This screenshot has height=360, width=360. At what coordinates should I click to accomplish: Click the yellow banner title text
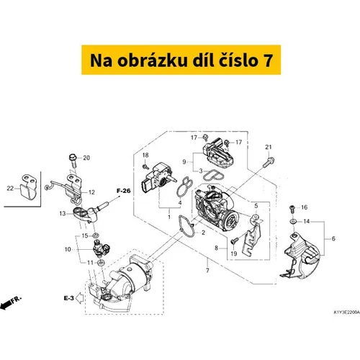[x=181, y=60]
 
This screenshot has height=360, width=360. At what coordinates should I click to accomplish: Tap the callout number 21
[x=269, y=147]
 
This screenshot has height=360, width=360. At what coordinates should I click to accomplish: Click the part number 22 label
[x=10, y=188]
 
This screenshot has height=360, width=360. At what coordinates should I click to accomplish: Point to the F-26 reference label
[x=124, y=191]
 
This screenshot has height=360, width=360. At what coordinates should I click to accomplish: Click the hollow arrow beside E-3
[x=80, y=298]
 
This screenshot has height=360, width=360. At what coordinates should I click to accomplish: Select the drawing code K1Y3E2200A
[x=347, y=312]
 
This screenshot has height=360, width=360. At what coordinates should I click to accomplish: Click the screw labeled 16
[x=292, y=209]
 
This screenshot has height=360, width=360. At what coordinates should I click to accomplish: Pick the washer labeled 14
[x=292, y=221]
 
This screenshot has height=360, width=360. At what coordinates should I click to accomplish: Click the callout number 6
[x=333, y=238]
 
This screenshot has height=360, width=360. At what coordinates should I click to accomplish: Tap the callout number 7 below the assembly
[x=207, y=270]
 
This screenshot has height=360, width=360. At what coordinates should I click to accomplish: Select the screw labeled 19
[x=234, y=240]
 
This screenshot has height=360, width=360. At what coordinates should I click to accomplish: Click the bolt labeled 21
[x=269, y=162]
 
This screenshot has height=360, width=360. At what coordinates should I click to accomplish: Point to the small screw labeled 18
[x=145, y=166]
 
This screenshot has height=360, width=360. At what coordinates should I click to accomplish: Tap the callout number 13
[x=63, y=213]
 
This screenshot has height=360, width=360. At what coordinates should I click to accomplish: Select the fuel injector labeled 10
[x=102, y=246]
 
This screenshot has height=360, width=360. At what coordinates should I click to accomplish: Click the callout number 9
[x=184, y=162]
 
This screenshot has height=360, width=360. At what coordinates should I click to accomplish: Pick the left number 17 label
[x=194, y=138]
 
